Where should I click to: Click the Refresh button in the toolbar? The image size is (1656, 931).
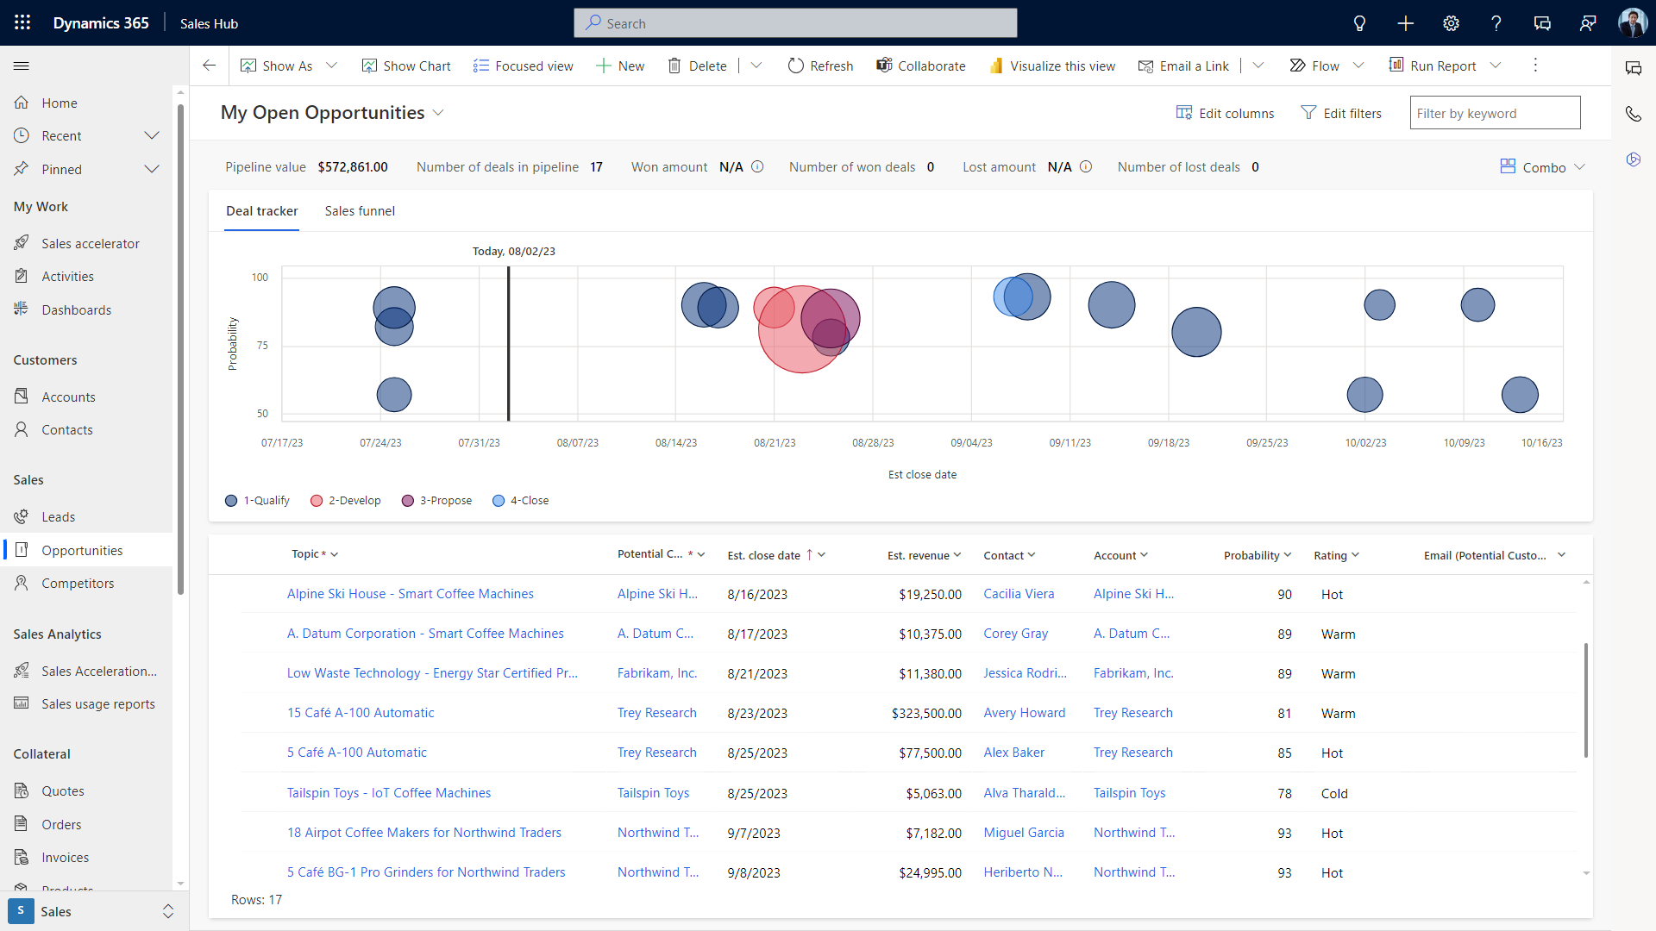pyautogui.click(x=820, y=66)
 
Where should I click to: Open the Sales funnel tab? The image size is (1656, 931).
pyautogui.click(x=360, y=211)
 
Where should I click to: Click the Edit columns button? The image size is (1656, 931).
pyautogui.click(x=1225, y=113)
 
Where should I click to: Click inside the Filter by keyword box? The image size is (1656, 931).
pyautogui.click(x=1494, y=113)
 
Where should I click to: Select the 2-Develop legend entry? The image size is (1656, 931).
pyautogui.click(x=345, y=501)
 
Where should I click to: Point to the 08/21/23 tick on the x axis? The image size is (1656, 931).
pyautogui.click(x=775, y=443)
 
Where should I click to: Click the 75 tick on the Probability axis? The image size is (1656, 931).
pyautogui.click(x=262, y=346)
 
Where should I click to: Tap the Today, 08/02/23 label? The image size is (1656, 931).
pyautogui.click(x=514, y=252)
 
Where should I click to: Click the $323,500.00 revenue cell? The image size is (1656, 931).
pyautogui.click(x=926, y=714)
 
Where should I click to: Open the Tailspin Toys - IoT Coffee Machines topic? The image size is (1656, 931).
pyautogui.click(x=388, y=793)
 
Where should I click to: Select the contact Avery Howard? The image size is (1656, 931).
pyautogui.click(x=1024, y=713)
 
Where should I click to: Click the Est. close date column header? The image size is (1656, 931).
pyautogui.click(x=763, y=556)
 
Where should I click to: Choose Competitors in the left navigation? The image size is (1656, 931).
pyautogui.click(x=78, y=584)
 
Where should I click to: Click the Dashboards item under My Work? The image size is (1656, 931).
pyautogui.click(x=76, y=310)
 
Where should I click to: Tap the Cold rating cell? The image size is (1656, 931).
pyautogui.click(x=1333, y=794)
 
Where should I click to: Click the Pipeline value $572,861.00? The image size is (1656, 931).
pyautogui.click(x=352, y=167)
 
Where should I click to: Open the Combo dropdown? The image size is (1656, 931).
pyautogui.click(x=1543, y=167)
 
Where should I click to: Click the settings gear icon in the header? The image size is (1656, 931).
pyautogui.click(x=1451, y=23)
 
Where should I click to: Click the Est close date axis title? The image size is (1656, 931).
pyautogui.click(x=922, y=475)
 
